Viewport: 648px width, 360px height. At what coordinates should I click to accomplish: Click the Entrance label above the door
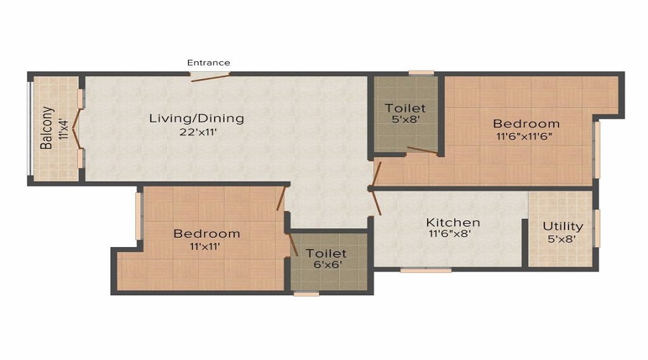point(209,63)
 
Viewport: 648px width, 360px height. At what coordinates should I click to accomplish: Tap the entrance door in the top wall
point(210,77)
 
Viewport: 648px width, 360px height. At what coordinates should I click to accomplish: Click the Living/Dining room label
point(197,119)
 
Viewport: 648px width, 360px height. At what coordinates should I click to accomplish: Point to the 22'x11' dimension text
point(199,132)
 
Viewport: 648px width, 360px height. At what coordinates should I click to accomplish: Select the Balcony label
point(47,127)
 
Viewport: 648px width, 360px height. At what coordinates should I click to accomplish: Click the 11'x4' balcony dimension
point(63,129)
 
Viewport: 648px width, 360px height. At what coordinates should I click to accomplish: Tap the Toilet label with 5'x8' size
point(405,108)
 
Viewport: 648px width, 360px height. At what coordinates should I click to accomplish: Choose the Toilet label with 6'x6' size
point(326,253)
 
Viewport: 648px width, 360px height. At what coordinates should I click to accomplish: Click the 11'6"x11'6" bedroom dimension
point(524,137)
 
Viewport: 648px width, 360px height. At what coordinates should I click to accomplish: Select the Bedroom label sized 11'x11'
point(207,233)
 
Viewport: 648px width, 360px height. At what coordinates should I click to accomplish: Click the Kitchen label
point(453,222)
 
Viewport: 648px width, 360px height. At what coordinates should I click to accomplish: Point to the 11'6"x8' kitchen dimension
point(450,234)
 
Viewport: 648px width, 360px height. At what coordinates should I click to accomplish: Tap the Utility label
point(563,227)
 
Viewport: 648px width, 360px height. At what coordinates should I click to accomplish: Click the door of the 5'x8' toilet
point(423,150)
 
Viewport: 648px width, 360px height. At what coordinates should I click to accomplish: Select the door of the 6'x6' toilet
point(292,244)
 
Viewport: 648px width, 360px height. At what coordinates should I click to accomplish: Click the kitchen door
point(376,202)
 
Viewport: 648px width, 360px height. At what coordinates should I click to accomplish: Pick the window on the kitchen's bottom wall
point(426,270)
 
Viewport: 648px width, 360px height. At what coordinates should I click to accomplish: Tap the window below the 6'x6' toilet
point(306,294)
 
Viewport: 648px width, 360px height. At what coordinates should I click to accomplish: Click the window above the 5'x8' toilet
point(421,73)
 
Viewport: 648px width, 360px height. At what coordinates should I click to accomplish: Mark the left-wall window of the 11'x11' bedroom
point(138,216)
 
